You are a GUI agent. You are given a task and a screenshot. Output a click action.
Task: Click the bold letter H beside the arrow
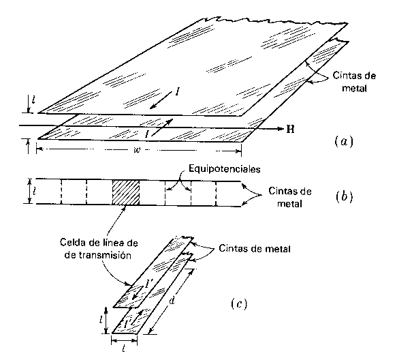pyautogui.click(x=290, y=130)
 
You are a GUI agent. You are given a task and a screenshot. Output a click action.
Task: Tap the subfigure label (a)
pyautogui.click(x=344, y=141)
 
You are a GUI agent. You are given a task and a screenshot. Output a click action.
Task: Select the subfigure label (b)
pyautogui.click(x=344, y=196)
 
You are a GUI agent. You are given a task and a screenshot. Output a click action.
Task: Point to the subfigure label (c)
pyautogui.click(x=239, y=303)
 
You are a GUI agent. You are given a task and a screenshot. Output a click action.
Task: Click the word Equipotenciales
pyautogui.click(x=224, y=169)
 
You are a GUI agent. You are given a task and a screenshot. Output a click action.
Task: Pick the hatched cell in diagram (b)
pyautogui.click(x=125, y=192)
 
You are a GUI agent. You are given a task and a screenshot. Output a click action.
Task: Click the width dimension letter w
pyautogui.click(x=137, y=150)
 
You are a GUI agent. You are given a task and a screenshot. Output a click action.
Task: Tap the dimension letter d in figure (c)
pyautogui.click(x=172, y=300)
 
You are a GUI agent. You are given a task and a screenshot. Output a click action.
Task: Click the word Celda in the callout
pyautogui.click(x=72, y=243)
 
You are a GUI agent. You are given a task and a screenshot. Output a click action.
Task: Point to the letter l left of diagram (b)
pyautogui.click(x=34, y=191)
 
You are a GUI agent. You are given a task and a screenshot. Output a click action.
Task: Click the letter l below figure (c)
pyautogui.click(x=123, y=349)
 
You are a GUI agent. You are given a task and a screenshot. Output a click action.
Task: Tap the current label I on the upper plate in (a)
pyautogui.click(x=178, y=93)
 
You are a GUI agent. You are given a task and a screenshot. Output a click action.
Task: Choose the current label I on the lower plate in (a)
pyautogui.click(x=147, y=134)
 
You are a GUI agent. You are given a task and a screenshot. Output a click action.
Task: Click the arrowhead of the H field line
pyautogui.click(x=280, y=129)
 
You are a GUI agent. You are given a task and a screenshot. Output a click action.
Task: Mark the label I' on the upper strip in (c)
pyautogui.click(x=148, y=284)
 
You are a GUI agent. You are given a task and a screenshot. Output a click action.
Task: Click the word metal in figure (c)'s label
pyautogui.click(x=279, y=249)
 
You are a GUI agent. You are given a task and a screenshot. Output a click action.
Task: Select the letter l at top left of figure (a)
pyautogui.click(x=33, y=100)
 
